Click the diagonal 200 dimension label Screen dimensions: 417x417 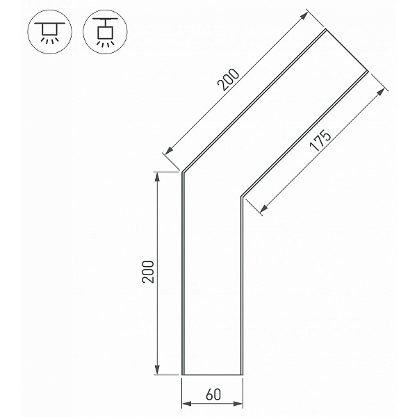(229, 80)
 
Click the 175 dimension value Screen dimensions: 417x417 (320, 140)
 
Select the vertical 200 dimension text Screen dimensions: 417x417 (148, 272)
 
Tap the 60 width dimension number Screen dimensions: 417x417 (213, 395)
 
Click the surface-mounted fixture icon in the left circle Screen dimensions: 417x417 (50, 33)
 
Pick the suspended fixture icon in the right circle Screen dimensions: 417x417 (105, 32)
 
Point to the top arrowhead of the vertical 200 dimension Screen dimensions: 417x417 (157, 177)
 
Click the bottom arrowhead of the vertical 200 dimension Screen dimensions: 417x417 (157, 370)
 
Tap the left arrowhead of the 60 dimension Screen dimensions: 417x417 (187, 404)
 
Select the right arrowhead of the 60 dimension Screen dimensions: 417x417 (238, 404)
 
